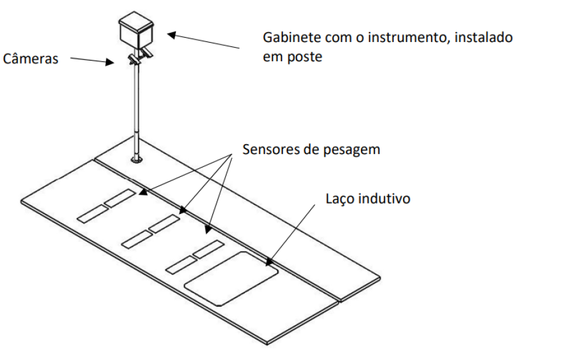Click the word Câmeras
[x=30, y=59]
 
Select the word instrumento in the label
[x=409, y=37]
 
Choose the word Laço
[x=339, y=199]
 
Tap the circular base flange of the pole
[x=137, y=160]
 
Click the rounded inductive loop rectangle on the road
[x=232, y=279]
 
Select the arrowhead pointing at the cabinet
[x=171, y=35]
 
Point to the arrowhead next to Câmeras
[x=110, y=62]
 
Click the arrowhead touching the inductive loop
[x=269, y=262]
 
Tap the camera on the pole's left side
[x=134, y=59]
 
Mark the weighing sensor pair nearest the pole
[x=106, y=206]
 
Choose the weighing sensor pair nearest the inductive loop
[x=195, y=257]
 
